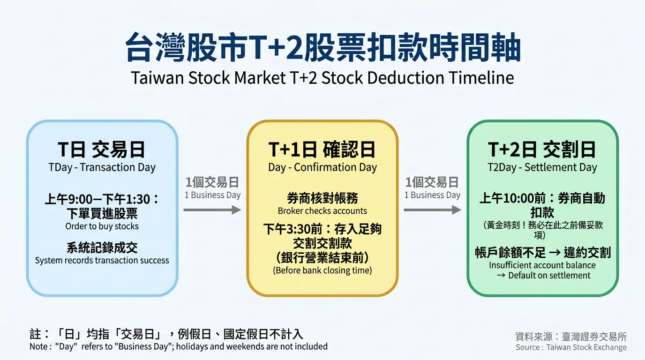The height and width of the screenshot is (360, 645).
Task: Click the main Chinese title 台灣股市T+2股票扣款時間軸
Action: tap(322, 48)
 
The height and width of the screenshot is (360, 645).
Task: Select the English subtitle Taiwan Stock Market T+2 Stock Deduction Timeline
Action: tap(322, 77)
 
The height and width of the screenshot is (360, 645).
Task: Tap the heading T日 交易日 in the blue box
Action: tap(102, 150)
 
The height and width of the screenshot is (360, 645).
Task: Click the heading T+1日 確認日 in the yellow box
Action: tap(322, 150)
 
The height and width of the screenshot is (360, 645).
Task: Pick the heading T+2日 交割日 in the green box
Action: tap(542, 150)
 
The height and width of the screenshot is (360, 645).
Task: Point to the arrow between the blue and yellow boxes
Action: tap(212, 210)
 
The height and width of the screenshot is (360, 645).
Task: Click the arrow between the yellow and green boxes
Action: tap(432, 210)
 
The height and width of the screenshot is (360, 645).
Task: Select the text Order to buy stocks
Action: tap(102, 226)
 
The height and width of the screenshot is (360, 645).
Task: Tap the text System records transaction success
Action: tap(102, 260)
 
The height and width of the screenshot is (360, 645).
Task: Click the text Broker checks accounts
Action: tap(322, 211)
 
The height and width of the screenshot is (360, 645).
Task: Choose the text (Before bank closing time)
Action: tap(322, 270)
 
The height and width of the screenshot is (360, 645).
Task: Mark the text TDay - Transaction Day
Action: tap(102, 167)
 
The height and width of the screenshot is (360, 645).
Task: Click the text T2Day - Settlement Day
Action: tap(542, 167)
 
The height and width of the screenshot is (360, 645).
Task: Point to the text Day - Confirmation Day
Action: tap(322, 167)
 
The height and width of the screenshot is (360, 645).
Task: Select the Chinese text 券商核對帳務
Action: tap(322, 199)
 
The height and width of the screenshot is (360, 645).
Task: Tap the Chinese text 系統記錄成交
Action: tap(102, 247)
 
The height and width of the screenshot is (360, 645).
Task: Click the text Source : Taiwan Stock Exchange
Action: tap(571, 347)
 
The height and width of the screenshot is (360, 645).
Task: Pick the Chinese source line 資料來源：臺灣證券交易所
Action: tap(570, 337)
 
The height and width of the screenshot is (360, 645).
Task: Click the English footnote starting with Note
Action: tap(178, 346)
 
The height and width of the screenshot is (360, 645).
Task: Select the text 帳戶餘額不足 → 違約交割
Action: tap(542, 253)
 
